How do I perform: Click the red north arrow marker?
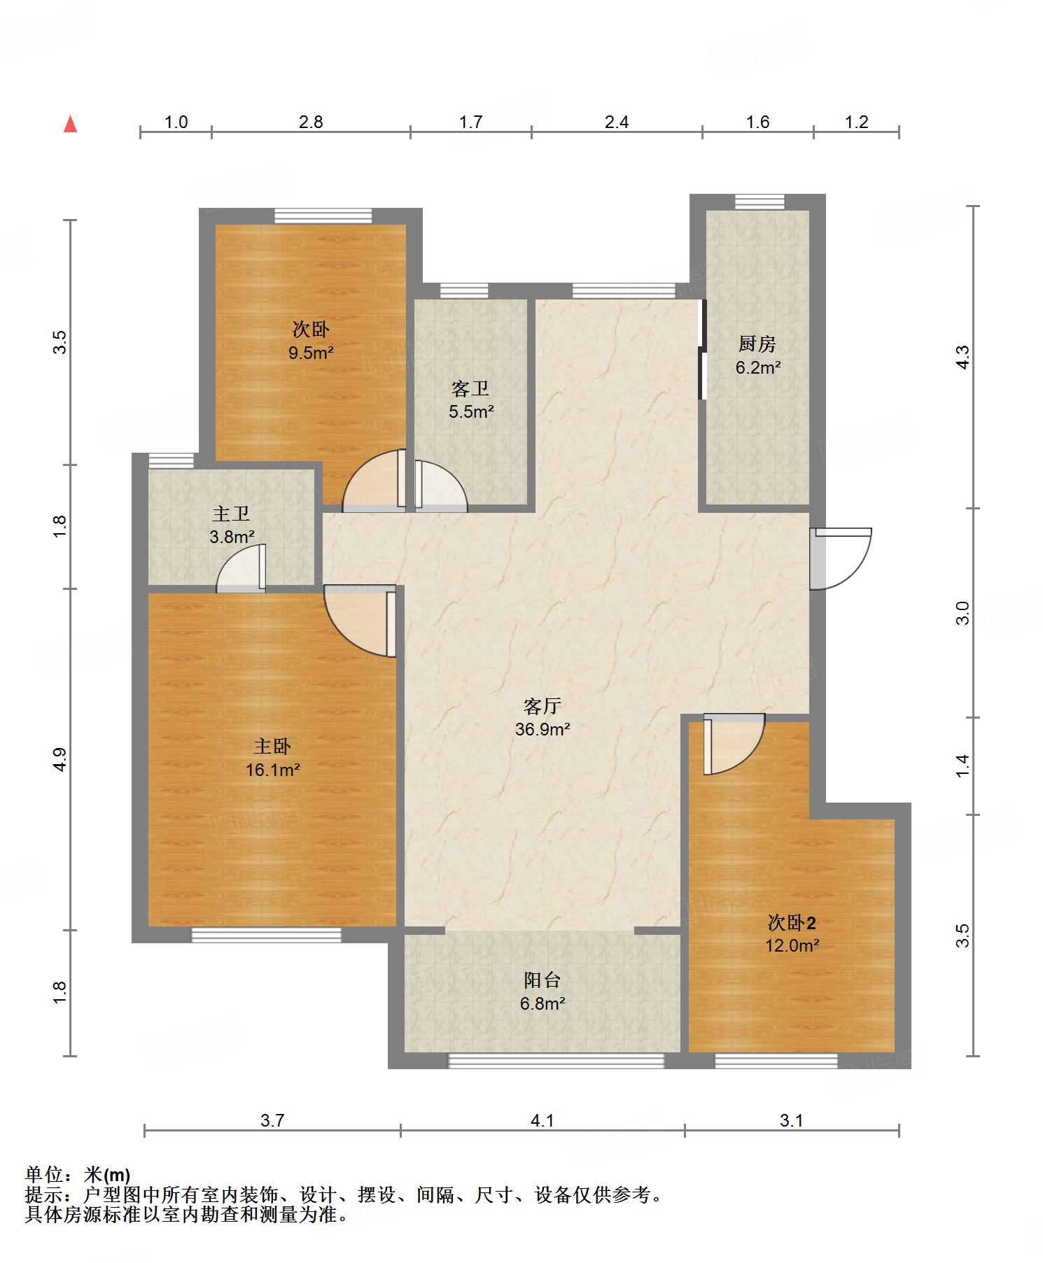click(70, 124)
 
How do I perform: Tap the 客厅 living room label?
click(542, 705)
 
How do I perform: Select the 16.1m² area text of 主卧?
click(273, 770)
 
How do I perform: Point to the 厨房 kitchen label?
click(757, 344)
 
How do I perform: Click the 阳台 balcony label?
click(542, 980)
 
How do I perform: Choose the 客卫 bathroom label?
click(470, 388)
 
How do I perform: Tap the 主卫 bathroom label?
click(231, 514)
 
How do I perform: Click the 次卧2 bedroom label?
click(792, 923)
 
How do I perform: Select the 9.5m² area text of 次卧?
click(311, 353)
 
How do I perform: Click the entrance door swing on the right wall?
click(840, 558)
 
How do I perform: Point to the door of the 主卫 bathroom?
click(241, 567)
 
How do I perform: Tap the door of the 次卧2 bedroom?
click(734, 744)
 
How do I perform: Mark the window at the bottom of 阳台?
click(556, 1061)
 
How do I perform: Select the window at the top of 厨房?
click(759, 202)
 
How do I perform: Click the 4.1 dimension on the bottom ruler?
click(542, 1120)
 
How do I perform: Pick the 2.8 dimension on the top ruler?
click(311, 122)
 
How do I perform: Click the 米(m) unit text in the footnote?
click(107, 1175)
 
